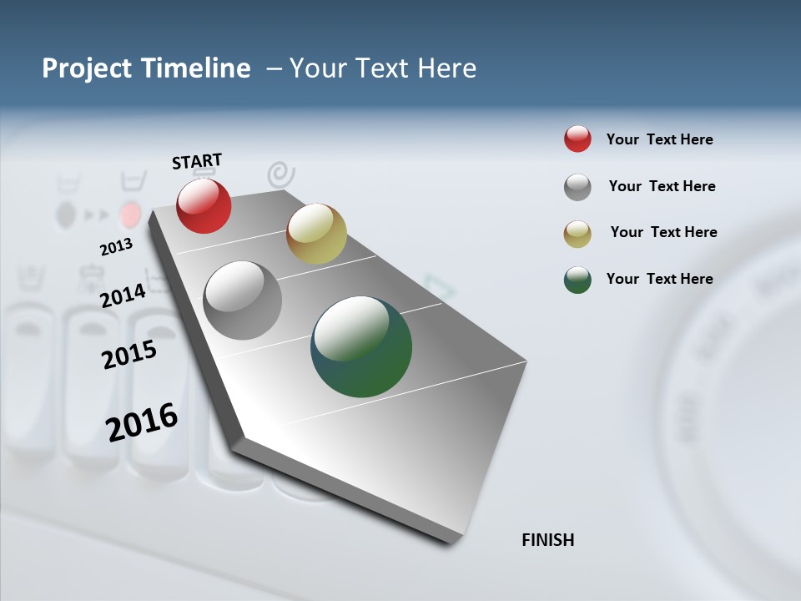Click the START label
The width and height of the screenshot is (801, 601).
197,161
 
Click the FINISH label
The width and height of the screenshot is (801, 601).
547,540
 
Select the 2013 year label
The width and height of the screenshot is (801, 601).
116,247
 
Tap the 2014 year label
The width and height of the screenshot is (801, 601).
123,295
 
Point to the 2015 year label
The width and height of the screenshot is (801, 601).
129,355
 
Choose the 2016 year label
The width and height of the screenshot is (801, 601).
142,422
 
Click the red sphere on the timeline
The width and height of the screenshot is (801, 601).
204,205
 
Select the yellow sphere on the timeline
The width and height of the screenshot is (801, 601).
316,234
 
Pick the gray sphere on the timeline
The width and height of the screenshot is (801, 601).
243,300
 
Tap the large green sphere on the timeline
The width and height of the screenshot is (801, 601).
361,346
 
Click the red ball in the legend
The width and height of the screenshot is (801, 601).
577,139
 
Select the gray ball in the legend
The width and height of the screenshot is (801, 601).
577,187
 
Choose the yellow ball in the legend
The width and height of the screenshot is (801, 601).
577,234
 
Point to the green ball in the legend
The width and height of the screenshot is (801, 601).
577,280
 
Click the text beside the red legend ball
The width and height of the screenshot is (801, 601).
659,139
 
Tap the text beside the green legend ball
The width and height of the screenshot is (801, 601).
659,279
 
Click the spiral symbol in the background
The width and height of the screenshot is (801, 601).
281,174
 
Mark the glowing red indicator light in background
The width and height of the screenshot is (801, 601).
129,215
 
